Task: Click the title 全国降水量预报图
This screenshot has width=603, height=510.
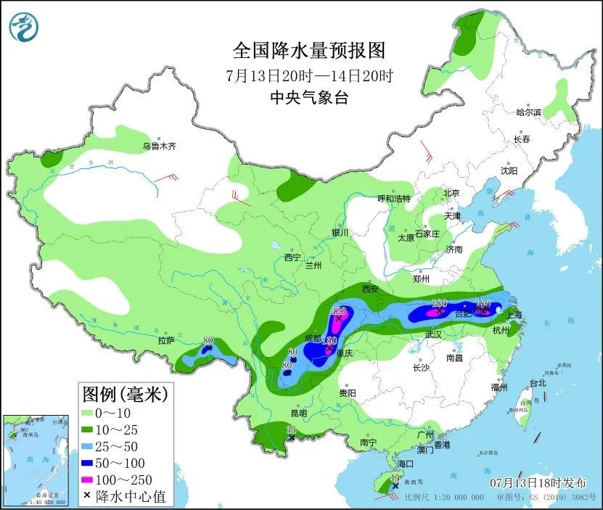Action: click(308, 51)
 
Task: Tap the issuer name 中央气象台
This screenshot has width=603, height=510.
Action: click(308, 98)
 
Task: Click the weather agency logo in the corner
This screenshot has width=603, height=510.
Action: click(24, 28)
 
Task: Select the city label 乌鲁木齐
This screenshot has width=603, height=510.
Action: click(159, 147)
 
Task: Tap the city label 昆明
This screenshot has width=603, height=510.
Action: click(298, 413)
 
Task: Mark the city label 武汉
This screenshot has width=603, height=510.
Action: click(433, 334)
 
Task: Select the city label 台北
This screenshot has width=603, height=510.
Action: click(537, 382)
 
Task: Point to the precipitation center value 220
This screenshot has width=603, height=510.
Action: click(338, 310)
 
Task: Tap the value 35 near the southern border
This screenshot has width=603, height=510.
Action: click(291, 431)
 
